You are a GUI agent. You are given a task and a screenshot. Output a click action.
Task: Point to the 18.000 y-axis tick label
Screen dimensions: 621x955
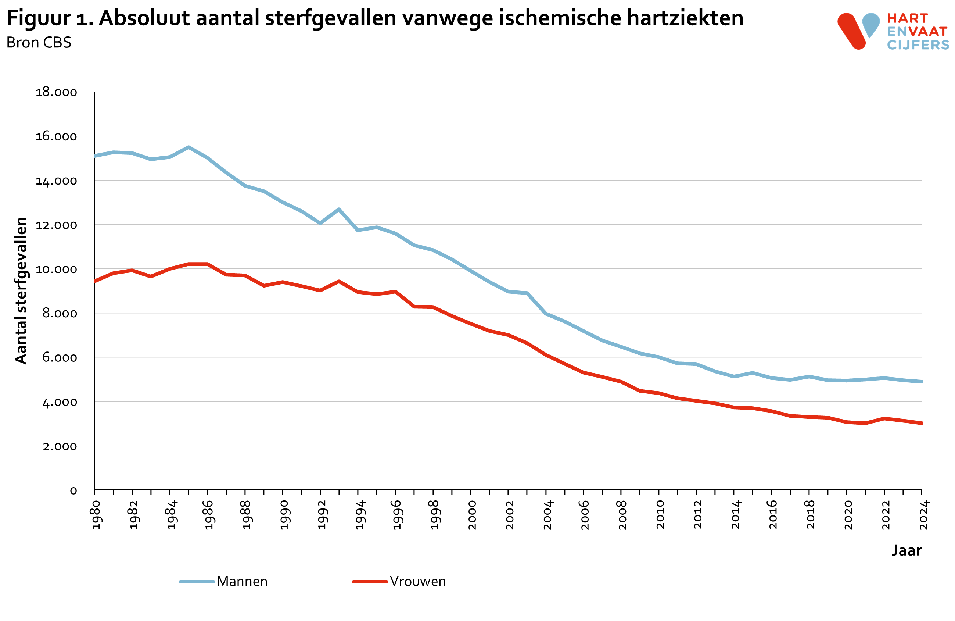[x=56, y=92]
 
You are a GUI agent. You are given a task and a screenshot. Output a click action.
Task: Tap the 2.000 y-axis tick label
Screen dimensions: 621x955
[x=60, y=446]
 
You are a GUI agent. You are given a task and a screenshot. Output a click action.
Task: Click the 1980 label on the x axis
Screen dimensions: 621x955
[x=97, y=515]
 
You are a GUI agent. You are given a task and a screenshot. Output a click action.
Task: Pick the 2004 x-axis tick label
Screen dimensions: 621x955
[x=548, y=515]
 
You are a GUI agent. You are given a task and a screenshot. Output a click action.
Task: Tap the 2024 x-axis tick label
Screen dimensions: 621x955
[x=924, y=515]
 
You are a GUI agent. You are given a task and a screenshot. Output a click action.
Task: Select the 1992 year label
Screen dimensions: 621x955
[x=322, y=515]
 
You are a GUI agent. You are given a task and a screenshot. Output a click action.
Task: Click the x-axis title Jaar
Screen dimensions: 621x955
[x=906, y=550]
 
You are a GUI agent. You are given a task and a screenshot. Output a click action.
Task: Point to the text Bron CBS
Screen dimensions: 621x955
[x=39, y=43]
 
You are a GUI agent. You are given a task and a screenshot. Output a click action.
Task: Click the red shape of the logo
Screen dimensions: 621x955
[x=851, y=31]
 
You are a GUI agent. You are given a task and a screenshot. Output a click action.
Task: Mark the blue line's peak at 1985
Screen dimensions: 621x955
[x=189, y=147]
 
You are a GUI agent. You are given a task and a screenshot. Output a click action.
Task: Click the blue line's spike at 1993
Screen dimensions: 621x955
[x=339, y=209]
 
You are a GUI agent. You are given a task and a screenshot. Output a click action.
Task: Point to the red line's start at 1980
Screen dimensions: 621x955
[x=95, y=281]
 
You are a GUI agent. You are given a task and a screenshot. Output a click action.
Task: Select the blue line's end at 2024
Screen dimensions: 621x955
[x=921, y=382]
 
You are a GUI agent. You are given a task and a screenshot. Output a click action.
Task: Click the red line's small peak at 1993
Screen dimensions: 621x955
[x=339, y=281]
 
